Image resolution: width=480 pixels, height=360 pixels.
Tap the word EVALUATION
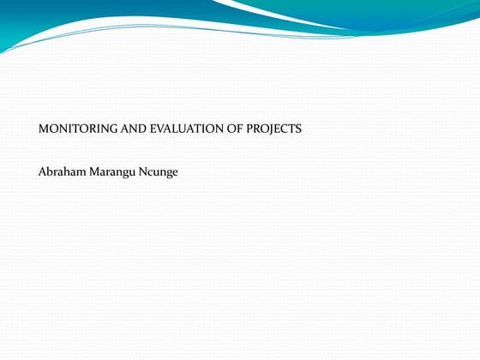189,129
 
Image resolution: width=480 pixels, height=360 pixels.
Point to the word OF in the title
237,129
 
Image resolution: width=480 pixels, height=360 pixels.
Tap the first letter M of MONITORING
44,129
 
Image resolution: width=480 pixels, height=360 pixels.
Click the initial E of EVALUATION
154,129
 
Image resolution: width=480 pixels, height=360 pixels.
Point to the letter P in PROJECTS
250,129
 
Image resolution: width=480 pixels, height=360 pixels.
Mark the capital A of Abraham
43,171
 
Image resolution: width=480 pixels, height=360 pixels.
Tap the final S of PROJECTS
298,129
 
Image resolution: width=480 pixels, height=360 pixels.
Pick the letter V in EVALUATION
162,129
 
